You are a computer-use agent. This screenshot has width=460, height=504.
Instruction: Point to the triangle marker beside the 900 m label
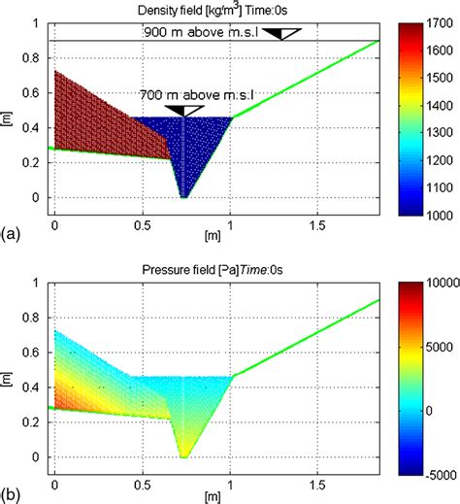point(284,34)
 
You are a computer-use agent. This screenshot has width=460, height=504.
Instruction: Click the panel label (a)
point(11,234)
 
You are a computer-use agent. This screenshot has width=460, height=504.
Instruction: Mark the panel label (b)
point(11,495)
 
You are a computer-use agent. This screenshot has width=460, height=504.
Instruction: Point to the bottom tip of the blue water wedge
point(182,197)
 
